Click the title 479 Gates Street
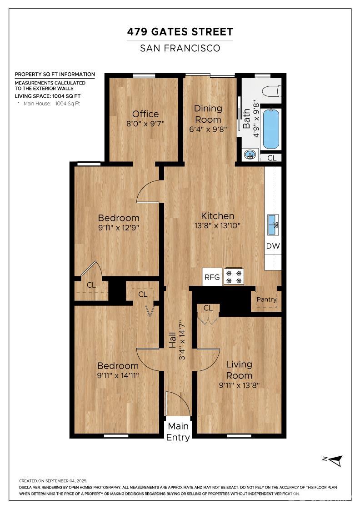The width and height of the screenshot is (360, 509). click(x=180, y=32)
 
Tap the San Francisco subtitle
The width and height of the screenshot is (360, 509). click(x=180, y=48)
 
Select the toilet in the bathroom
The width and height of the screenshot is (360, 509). click(x=271, y=91)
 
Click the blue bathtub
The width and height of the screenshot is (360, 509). click(x=271, y=129)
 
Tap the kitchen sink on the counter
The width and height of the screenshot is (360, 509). click(x=273, y=225)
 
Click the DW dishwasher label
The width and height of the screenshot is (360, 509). click(x=273, y=246)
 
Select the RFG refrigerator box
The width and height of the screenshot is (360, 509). click(x=212, y=277)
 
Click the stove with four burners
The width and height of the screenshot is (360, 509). click(x=234, y=277)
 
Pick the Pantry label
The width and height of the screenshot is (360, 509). click(x=266, y=299)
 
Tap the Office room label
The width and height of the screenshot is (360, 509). click(x=145, y=114)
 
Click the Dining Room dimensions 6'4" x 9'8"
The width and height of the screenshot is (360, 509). click(x=208, y=129)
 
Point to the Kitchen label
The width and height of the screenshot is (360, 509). click(x=217, y=216)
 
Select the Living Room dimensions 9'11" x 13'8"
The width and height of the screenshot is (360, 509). click(x=239, y=385)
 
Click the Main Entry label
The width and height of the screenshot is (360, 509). click(x=178, y=431)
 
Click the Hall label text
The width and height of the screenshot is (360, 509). click(x=172, y=340)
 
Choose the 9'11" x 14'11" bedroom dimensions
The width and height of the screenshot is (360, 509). click(x=118, y=375)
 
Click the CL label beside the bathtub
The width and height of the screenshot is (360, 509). click(x=272, y=158)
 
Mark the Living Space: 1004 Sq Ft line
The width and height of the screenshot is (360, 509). click(x=48, y=96)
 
